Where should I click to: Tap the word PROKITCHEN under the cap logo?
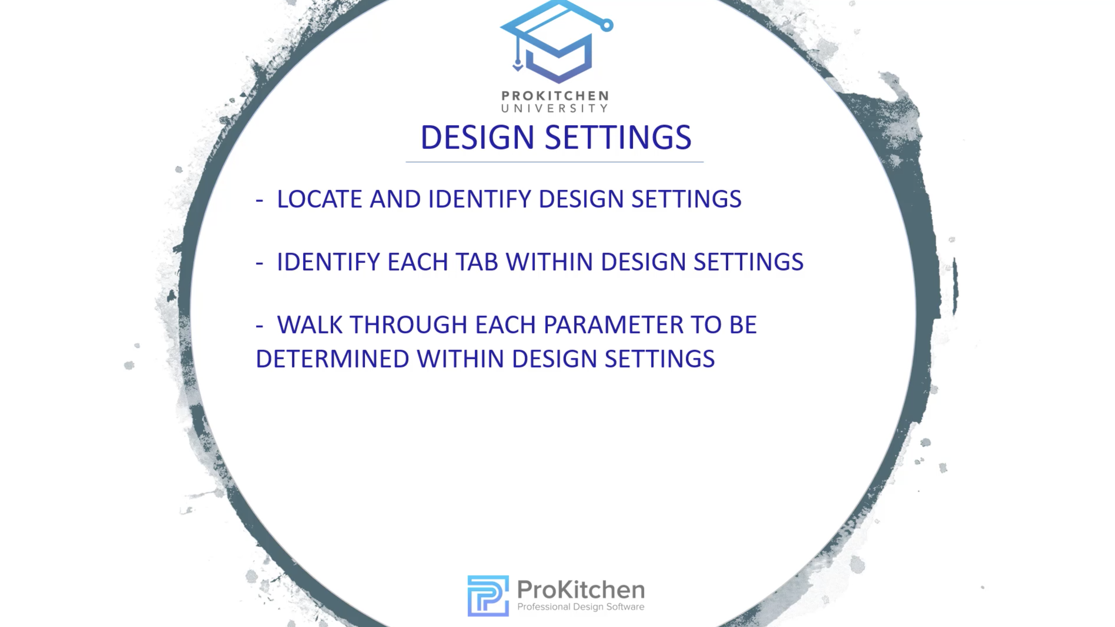tap(555, 96)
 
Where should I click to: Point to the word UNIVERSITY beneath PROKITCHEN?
tap(555, 108)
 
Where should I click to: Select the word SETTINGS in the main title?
tap(618, 138)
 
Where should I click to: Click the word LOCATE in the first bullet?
tap(319, 199)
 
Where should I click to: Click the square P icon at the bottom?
tap(488, 595)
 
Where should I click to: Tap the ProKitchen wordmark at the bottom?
tap(581, 589)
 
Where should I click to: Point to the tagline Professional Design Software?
tap(581, 607)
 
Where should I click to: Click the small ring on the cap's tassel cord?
tap(607, 26)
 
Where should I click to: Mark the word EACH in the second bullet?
tap(418, 262)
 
